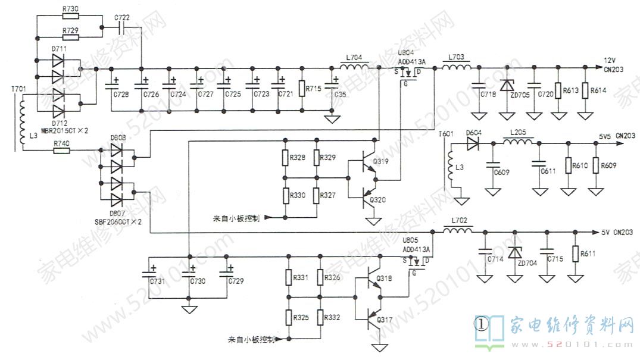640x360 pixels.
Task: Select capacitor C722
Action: click(123, 28)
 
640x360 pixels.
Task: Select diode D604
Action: click(473, 143)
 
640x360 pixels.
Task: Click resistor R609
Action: click(596, 165)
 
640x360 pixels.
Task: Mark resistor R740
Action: click(61, 151)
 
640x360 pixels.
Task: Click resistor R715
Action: click(302, 90)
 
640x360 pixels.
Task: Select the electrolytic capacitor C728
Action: click(112, 84)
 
